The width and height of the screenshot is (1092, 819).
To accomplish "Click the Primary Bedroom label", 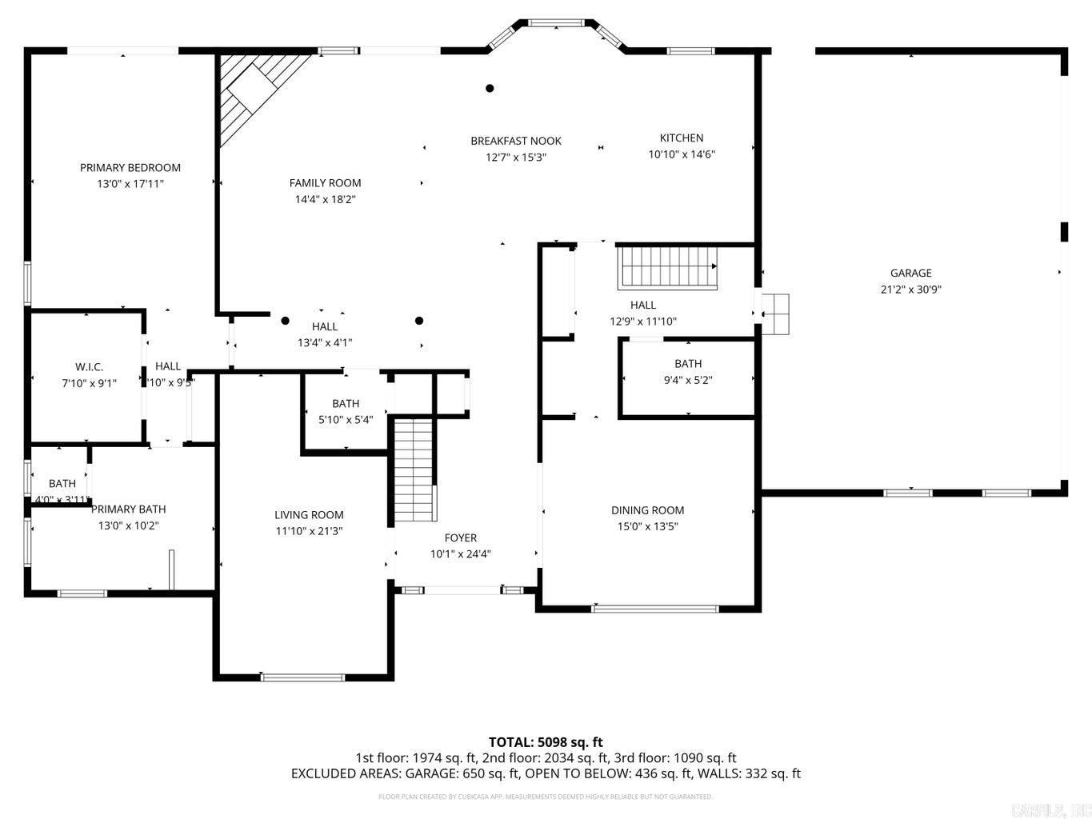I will coord(130,167).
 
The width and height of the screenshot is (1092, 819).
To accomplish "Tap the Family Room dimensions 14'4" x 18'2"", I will coord(325,199).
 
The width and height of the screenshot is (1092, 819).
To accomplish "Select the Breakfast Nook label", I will coord(515,141).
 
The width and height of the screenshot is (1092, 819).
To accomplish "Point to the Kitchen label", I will coord(681,138).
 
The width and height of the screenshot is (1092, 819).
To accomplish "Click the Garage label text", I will coord(910,273).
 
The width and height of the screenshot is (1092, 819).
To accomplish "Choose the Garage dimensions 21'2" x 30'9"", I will coord(910,290).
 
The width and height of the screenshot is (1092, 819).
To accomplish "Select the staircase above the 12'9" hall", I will coord(669,267).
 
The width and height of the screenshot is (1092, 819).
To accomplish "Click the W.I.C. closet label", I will coord(89,366).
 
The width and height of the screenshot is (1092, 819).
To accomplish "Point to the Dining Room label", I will coord(647,509).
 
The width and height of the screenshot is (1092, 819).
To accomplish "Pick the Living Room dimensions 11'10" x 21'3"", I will coord(309,531).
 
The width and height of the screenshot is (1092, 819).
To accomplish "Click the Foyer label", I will coord(460,537).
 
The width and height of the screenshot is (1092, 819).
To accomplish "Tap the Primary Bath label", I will coord(128,509).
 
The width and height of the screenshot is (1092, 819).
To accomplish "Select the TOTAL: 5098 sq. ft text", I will coord(546,741).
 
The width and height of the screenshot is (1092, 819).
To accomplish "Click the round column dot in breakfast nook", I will coord(490,88).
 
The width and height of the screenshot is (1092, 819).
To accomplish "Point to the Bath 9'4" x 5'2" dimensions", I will coord(687,380).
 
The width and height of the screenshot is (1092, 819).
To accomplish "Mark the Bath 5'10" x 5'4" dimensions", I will coord(346,419).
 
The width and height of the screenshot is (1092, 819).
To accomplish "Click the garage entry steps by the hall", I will coord(775,314).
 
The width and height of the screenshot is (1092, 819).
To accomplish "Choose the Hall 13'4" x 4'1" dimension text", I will coord(325,342).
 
